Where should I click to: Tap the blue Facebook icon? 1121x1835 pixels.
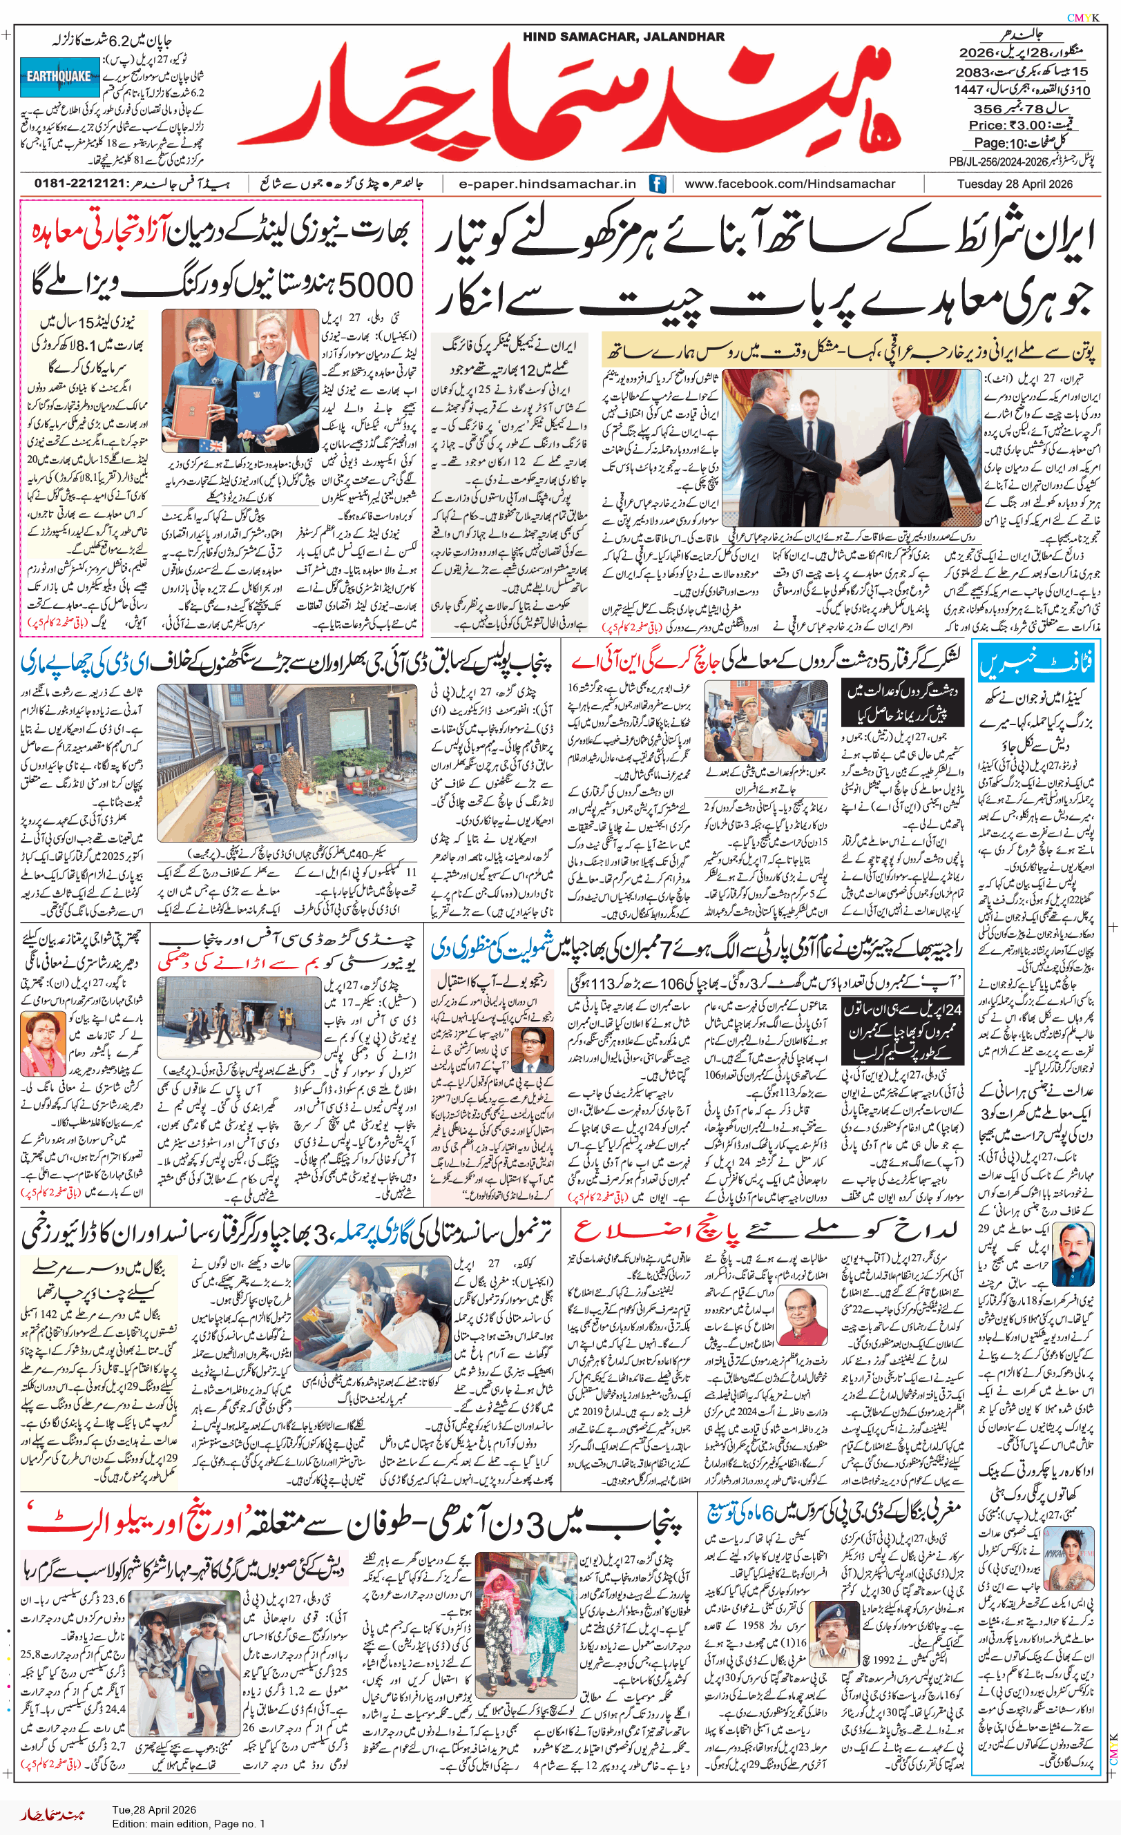(x=657, y=184)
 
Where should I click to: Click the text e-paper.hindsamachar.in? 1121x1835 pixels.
(x=548, y=184)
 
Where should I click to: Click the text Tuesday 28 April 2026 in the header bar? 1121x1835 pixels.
(x=1015, y=184)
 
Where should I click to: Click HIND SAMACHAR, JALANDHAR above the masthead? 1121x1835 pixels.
(x=623, y=37)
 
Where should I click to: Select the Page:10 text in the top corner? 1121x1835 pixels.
(x=999, y=143)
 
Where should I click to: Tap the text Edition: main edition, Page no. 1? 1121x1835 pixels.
(x=189, y=1824)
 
